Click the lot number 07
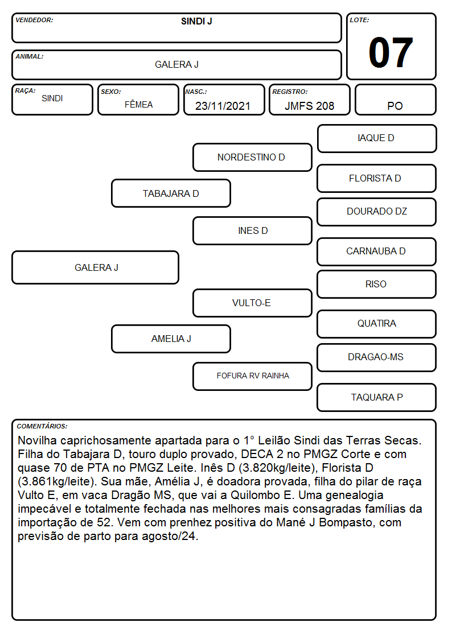[391, 52]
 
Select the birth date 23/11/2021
[223, 106]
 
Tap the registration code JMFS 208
[309, 106]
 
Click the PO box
[395, 100]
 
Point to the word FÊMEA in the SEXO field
[138, 104]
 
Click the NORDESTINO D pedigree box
[252, 157]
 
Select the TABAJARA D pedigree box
[171, 193]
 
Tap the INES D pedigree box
[252, 230]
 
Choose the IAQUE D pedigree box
[377, 139]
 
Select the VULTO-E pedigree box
[252, 303]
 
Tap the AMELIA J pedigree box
[171, 339]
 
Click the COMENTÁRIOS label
[42, 426]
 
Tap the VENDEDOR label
[34, 20]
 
